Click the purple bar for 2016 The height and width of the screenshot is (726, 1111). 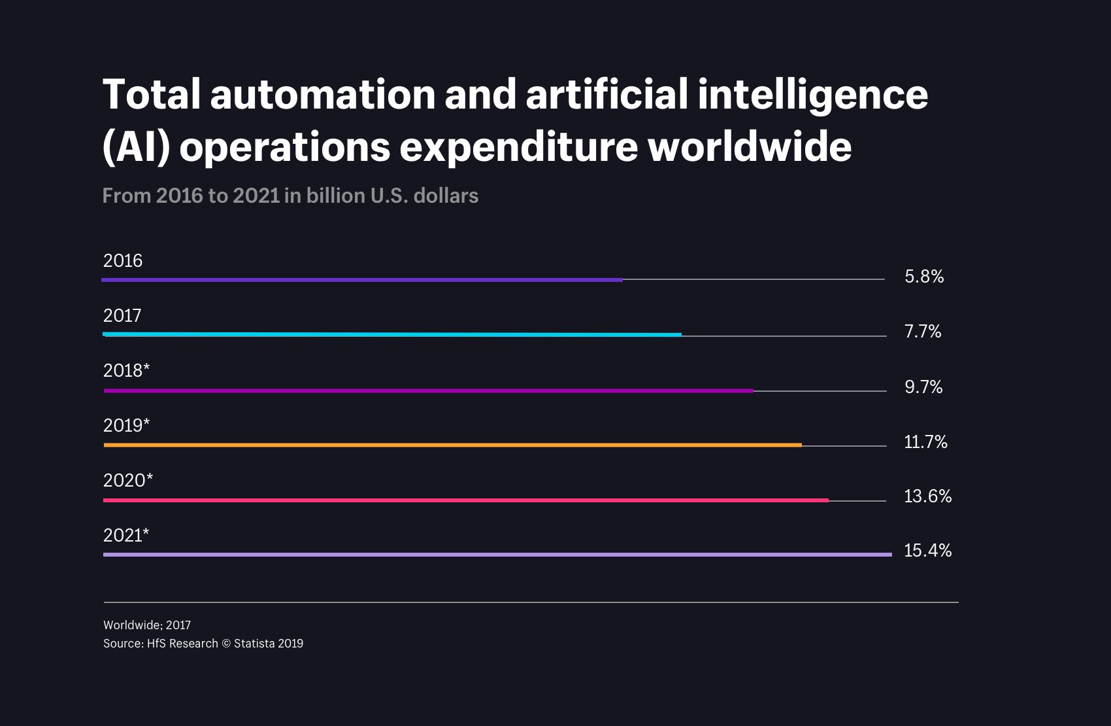tap(362, 280)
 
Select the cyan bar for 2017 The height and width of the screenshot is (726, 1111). tap(392, 334)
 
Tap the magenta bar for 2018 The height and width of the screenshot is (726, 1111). tap(428, 390)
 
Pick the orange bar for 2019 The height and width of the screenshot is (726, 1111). tap(452, 445)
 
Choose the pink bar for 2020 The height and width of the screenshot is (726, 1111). tap(465, 500)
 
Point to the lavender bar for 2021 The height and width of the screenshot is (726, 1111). tap(497, 555)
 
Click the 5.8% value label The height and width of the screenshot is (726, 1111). tap(924, 277)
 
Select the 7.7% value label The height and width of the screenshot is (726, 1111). tap(923, 332)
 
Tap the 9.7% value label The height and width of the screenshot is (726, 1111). tap(923, 387)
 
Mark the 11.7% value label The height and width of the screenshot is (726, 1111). tap(925, 442)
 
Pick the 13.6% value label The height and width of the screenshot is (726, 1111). tap(927, 496)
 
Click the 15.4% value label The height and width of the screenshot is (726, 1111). tap(927, 551)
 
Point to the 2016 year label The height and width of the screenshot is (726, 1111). tap(123, 261)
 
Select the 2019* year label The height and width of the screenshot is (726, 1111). tap(127, 426)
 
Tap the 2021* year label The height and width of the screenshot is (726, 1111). tap(126, 536)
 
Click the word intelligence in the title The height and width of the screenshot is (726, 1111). tap(812, 95)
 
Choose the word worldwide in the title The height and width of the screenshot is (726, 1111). tap(750, 147)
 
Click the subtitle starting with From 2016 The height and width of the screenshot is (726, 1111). tap(290, 196)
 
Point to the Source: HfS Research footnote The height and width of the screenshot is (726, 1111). tap(203, 644)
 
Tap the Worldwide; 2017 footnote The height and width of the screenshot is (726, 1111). tap(147, 625)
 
